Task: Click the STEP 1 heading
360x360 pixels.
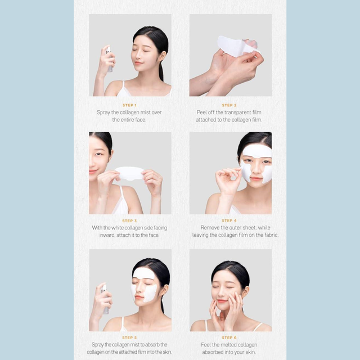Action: pos(129,105)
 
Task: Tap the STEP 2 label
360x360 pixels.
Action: pos(229,105)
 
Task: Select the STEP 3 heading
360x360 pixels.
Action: pos(129,220)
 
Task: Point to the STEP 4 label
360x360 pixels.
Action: pos(229,220)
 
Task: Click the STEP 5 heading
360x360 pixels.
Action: pos(129,337)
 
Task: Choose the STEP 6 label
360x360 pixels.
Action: pos(229,337)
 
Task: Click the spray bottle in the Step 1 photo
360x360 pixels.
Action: pos(109,59)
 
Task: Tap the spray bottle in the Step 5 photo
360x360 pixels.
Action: pos(105,299)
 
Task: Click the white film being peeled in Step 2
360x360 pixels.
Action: pos(236,47)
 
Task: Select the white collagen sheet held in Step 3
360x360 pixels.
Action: pos(130,173)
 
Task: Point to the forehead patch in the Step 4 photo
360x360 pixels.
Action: pos(256,151)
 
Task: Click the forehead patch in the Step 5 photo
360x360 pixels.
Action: pos(144,273)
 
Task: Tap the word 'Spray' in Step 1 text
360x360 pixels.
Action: pos(103,112)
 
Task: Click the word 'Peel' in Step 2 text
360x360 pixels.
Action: pos(201,112)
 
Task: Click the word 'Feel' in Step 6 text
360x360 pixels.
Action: pos(206,345)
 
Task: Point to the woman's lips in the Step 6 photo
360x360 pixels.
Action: pos(222,301)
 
